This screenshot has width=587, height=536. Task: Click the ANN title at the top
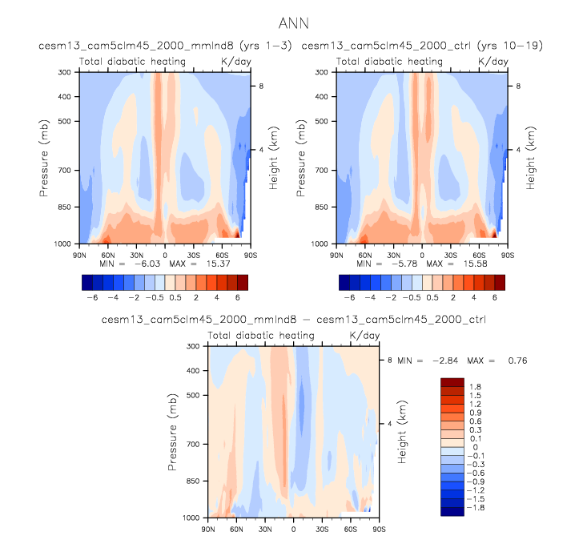[x=293, y=24]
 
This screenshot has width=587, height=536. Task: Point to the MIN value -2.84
[x=452, y=361]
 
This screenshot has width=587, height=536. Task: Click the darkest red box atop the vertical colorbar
[x=452, y=382]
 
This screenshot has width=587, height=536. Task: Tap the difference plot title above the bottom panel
[x=293, y=320]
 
